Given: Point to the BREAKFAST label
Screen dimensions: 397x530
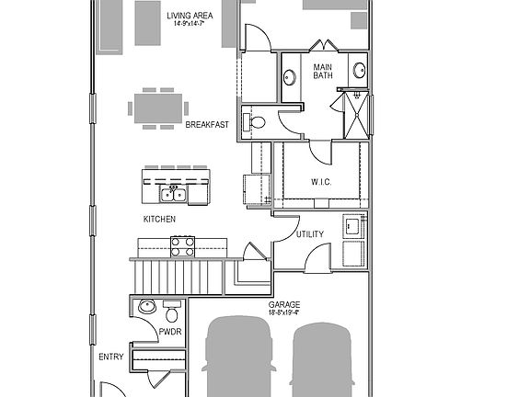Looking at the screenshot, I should coord(206,125).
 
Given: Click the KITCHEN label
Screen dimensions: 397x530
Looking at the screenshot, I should coord(159,220).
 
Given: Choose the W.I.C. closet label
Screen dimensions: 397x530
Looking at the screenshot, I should coord(321,181).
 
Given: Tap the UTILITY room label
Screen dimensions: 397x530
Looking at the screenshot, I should coord(309,234).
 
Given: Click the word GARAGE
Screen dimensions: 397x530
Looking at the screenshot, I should coord(283,304).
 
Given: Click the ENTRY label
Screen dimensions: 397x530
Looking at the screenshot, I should coord(110,357).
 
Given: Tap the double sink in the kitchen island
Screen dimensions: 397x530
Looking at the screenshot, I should coord(172,193).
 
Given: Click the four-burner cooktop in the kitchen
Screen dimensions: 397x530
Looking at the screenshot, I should coord(182,245).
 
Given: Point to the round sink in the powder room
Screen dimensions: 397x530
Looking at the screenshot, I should coord(144,307).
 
